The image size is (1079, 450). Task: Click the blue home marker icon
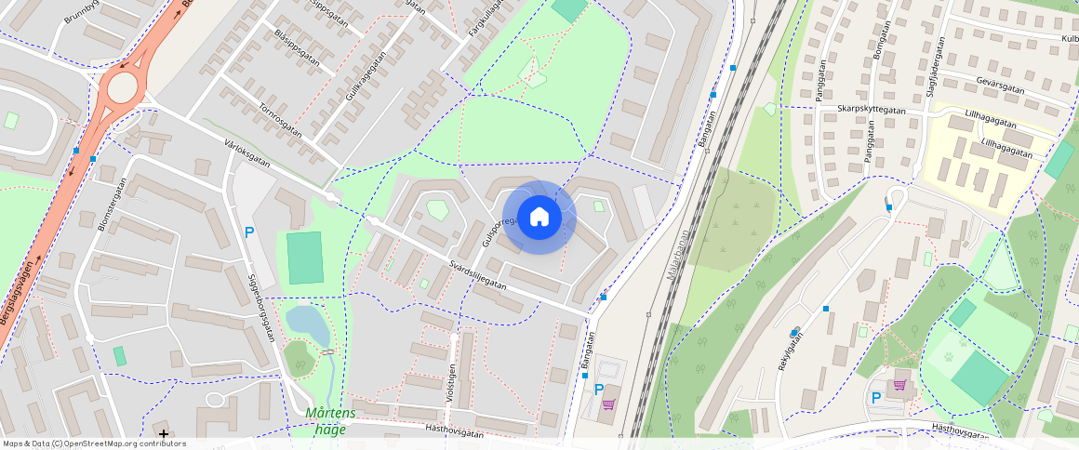[x=539, y=217]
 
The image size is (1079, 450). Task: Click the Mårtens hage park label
[x=330, y=421]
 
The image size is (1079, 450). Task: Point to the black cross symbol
[x=164, y=433]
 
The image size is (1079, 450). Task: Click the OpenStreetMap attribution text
[x=93, y=443]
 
